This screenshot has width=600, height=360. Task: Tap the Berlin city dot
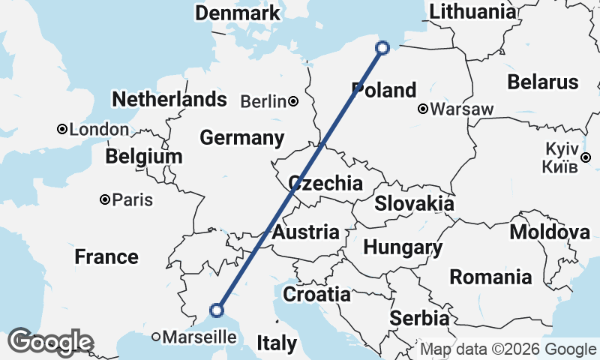tap(293, 101)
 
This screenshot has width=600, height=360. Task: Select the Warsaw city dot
tap(423, 109)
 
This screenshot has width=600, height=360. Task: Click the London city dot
tap(62, 129)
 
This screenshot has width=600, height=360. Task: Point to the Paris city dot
tap(105, 200)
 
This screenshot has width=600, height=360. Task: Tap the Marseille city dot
tap(156, 337)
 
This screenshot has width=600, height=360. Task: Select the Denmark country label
tap(237, 13)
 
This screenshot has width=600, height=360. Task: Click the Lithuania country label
tap(472, 11)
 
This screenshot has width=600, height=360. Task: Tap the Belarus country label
tap(543, 82)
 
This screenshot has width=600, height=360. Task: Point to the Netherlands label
tap(169, 99)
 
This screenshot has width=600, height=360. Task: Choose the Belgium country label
tap(144, 157)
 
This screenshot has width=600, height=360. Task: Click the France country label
tap(106, 257)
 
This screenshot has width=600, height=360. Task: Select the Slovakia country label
tap(414, 203)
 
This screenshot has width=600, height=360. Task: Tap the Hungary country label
tap(402, 247)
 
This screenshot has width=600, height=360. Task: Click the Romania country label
tap(490, 277)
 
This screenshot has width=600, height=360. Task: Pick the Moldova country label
tap(549, 232)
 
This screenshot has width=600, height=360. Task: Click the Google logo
tap(50, 342)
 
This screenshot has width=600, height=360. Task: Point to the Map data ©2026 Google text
tap(508, 349)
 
